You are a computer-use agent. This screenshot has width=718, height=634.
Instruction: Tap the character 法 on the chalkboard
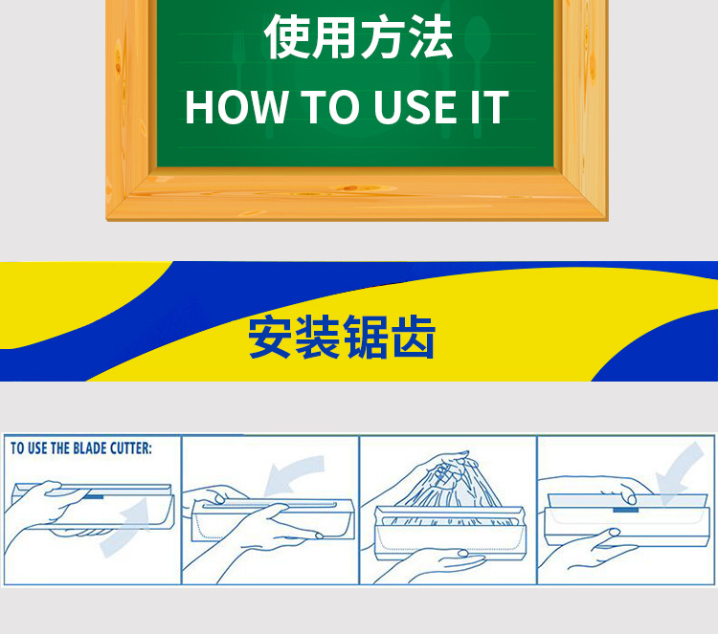click(x=431, y=36)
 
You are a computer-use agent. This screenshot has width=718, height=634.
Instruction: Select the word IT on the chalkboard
click(x=490, y=107)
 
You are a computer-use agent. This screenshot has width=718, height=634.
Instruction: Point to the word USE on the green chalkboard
click(x=415, y=107)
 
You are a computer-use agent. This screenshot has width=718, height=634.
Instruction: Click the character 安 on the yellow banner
click(x=270, y=337)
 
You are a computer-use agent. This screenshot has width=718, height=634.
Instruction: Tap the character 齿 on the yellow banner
click(x=413, y=337)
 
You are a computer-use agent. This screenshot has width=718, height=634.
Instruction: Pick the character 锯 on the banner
click(x=366, y=337)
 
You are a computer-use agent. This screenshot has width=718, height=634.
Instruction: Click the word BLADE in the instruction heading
click(x=88, y=448)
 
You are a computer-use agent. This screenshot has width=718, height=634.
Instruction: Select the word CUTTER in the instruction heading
click(x=130, y=448)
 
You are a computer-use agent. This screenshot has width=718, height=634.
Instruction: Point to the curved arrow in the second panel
click(x=293, y=472)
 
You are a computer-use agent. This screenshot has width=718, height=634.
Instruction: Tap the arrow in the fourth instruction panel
click(x=679, y=468)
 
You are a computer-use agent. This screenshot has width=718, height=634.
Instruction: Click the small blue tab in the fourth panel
click(x=626, y=510)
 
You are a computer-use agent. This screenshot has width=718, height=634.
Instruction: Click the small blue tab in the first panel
click(x=94, y=496)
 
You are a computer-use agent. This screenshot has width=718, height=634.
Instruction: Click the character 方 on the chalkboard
click(x=383, y=36)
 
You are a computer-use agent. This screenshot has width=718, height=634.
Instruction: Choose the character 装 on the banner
click(x=317, y=337)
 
